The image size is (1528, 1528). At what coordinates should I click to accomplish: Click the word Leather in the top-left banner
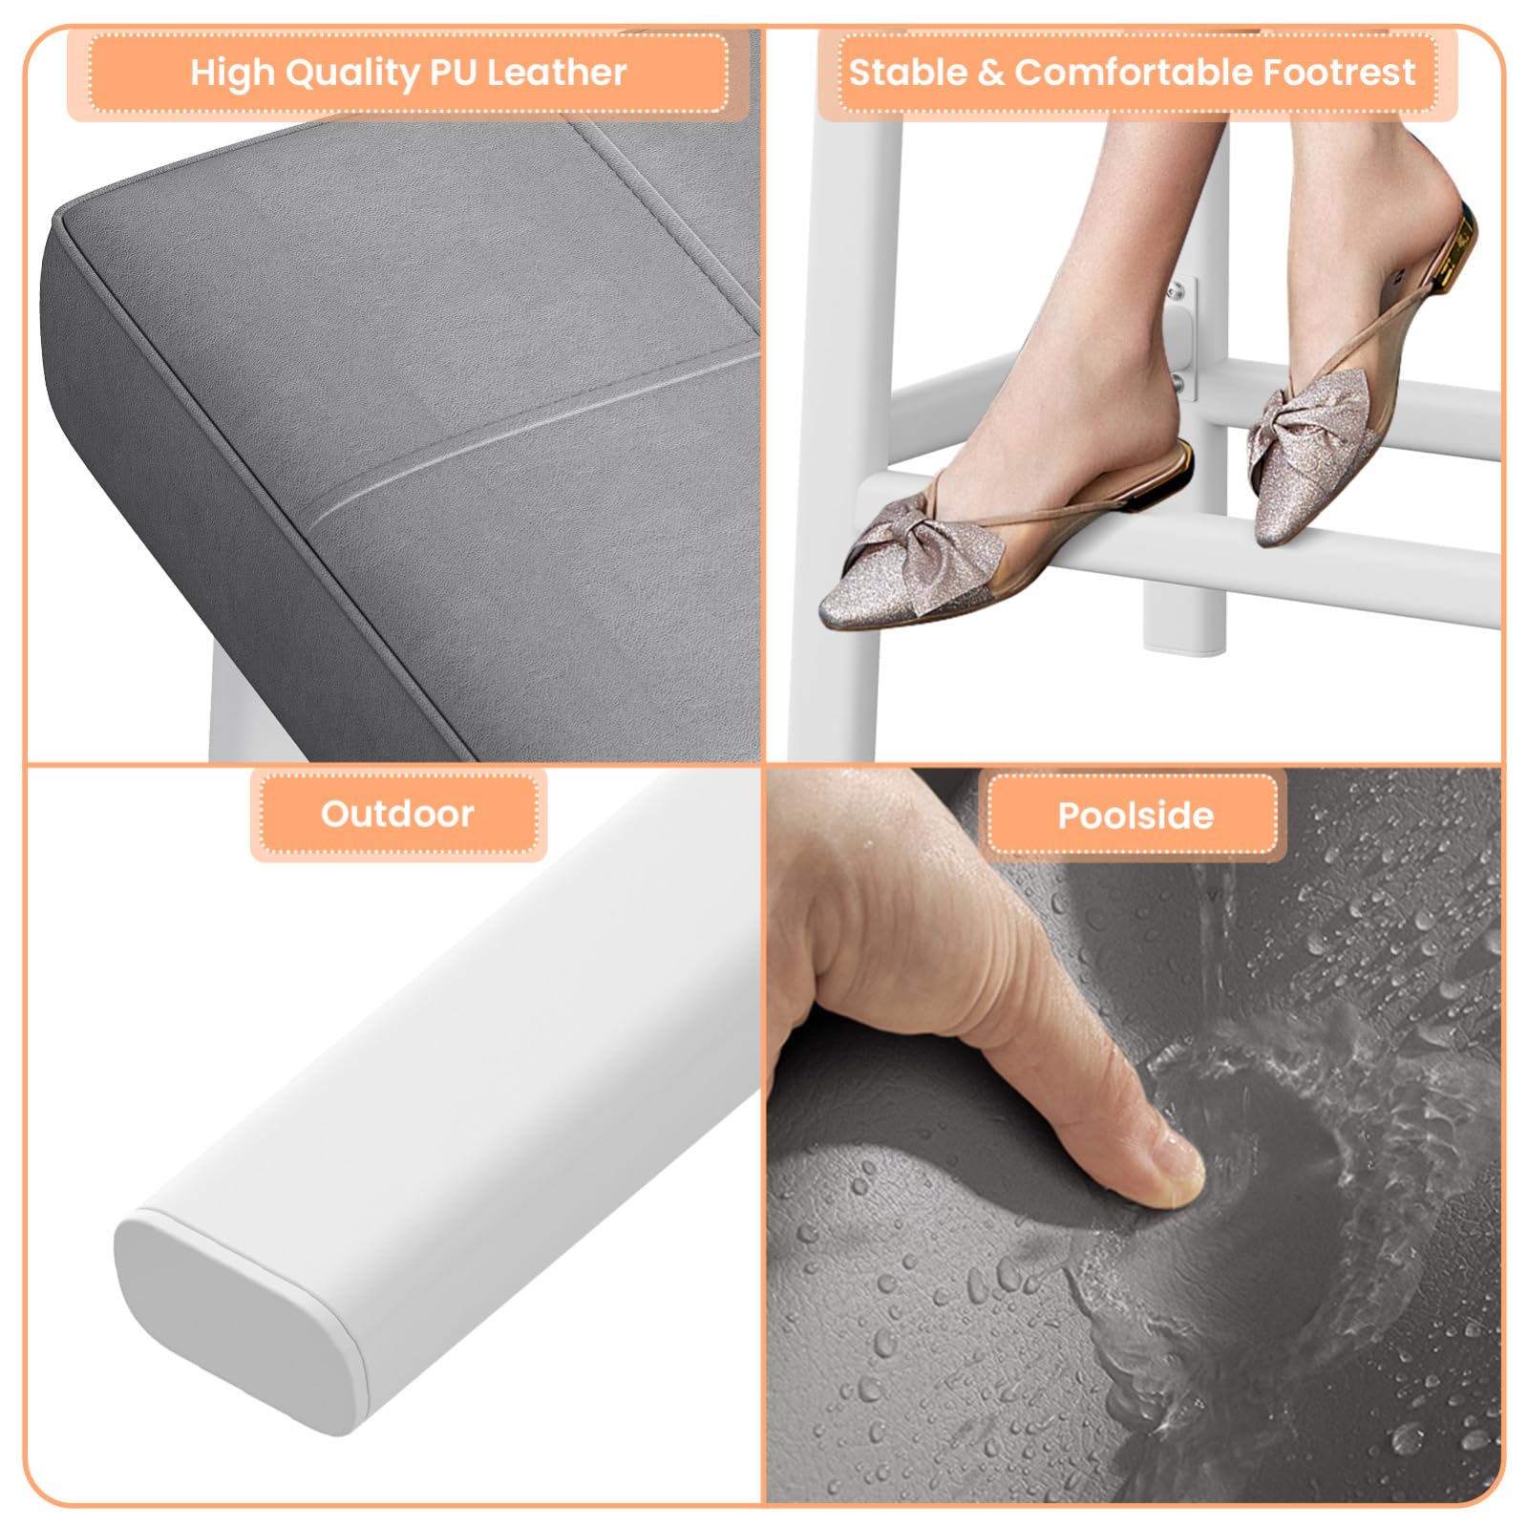[557, 73]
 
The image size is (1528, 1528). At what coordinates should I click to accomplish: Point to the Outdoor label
[397, 814]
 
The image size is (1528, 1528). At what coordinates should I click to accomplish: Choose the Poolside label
[1135, 816]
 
